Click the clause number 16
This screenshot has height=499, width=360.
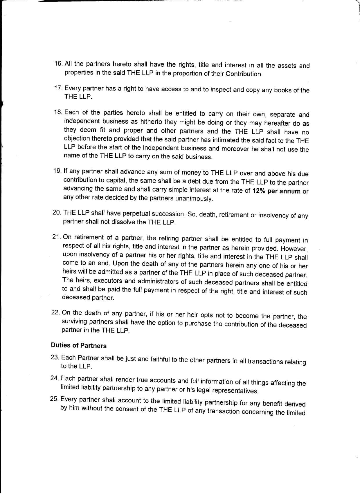[x=58, y=63]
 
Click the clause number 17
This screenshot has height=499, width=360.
[x=58, y=88]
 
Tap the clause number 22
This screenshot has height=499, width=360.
[x=56, y=312]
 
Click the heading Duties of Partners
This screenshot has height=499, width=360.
[x=79, y=346]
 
